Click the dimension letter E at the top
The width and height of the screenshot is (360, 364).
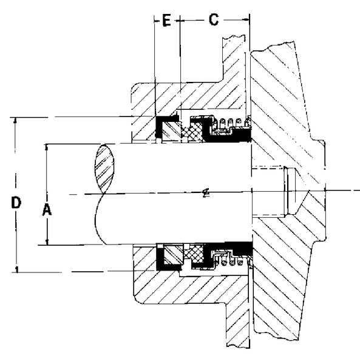(x=166, y=19)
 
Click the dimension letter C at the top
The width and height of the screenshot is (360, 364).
(x=213, y=19)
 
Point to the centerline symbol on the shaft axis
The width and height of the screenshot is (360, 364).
(x=206, y=194)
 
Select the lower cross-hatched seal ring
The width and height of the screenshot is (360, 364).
(x=196, y=254)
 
